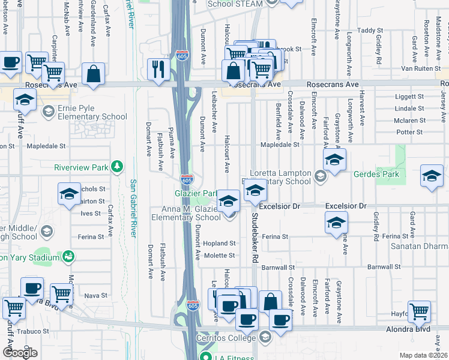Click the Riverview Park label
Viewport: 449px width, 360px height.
point(81,167)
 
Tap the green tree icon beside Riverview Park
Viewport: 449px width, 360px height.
point(119,166)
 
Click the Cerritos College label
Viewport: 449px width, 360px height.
point(229,338)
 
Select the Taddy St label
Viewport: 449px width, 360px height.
point(370,30)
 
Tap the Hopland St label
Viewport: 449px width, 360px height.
point(220,244)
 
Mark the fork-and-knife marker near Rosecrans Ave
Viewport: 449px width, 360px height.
point(157,68)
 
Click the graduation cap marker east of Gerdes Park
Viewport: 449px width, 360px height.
point(432,176)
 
